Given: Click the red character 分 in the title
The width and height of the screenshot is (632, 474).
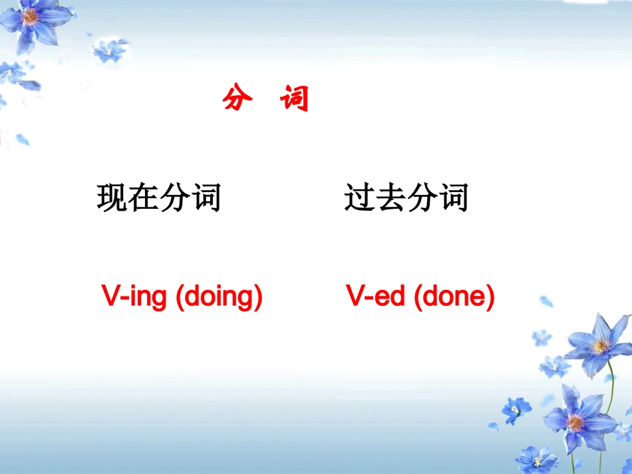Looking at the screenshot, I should [237, 98].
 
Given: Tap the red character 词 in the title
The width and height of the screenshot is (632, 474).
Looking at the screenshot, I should [294, 98].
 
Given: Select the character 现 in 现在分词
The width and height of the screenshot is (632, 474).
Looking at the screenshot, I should [112, 197].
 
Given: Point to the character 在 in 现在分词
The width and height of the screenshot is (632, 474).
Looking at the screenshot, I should [144, 197].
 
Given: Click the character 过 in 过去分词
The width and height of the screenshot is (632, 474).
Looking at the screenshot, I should [360, 197].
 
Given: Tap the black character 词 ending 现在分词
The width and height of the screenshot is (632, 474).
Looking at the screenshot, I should [206, 197].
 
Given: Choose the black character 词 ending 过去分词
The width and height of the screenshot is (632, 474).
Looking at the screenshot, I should [453, 197].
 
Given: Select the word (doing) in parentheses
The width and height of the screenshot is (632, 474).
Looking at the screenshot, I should [219, 296].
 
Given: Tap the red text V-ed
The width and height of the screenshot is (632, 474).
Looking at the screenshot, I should [376, 296].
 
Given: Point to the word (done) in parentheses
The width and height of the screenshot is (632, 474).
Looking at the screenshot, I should [454, 296].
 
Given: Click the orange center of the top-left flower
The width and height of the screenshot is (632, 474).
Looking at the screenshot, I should [31, 16].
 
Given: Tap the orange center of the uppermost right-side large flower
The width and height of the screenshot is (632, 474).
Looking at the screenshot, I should [601, 345].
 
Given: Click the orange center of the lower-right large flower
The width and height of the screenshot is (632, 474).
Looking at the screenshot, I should [575, 421].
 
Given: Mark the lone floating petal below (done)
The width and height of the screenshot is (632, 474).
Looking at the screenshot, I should [546, 301].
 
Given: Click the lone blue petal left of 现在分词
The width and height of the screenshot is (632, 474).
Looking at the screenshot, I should [23, 140].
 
